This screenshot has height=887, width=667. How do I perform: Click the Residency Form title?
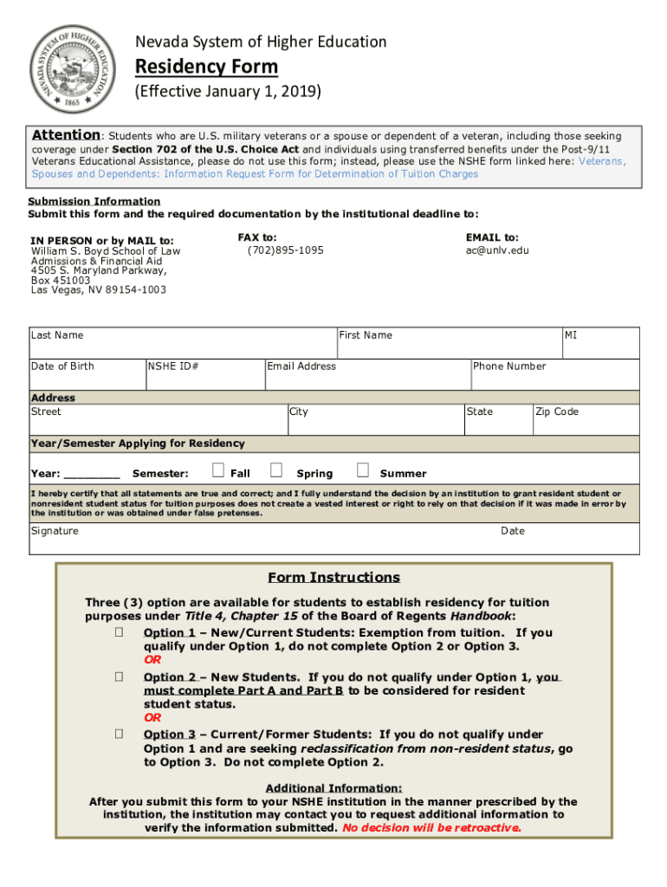point(206,67)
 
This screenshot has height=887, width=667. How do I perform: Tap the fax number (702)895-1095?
point(285,250)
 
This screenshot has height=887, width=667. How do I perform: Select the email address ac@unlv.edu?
point(497,250)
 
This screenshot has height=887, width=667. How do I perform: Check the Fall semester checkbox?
point(218,470)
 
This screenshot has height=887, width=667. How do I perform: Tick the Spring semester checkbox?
point(276,470)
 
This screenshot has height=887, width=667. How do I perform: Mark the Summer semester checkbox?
point(363,470)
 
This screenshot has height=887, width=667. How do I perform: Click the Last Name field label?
point(57,335)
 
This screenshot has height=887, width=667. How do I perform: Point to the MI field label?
point(572,335)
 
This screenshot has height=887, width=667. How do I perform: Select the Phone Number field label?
point(509,366)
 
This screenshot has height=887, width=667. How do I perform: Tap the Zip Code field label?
point(557,411)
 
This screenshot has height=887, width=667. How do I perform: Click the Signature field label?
point(55,531)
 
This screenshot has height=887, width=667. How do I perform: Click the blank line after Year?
point(93,475)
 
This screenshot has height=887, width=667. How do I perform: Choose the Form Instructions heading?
point(333,578)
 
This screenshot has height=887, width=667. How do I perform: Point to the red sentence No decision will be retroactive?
point(432,828)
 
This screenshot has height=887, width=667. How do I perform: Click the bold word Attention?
point(67,135)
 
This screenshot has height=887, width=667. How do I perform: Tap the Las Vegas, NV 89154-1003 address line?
point(99,291)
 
